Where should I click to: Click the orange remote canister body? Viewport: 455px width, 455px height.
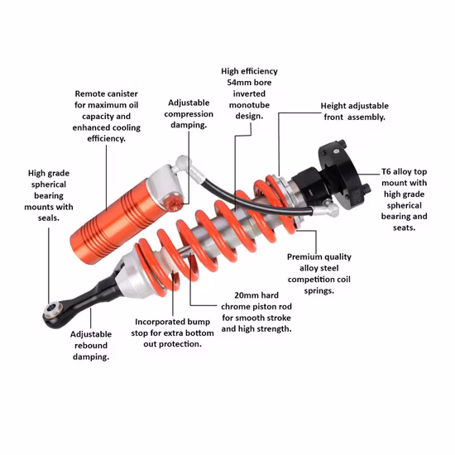115,222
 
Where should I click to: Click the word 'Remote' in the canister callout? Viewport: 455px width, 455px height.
90,93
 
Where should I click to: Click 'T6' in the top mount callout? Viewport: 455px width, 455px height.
386,171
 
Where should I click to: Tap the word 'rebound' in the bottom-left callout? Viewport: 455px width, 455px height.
91,346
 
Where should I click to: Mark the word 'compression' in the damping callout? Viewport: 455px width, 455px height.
189,114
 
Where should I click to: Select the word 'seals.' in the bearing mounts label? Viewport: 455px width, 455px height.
49,218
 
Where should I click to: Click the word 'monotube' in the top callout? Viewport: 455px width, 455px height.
249,105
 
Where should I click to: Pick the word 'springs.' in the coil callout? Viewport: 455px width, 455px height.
318,290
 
